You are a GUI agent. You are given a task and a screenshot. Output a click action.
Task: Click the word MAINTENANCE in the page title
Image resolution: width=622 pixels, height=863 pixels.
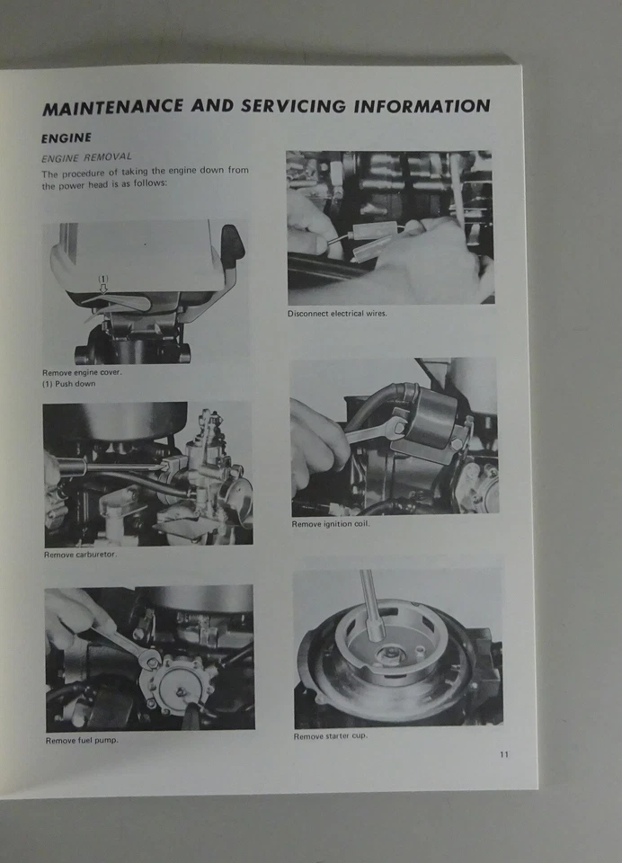pyautogui.click(x=111, y=108)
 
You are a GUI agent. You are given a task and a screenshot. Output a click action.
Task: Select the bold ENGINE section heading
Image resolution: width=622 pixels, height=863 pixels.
pyautogui.click(x=67, y=138)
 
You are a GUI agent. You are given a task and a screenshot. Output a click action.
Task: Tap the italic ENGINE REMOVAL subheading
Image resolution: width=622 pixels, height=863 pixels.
pyautogui.click(x=86, y=157)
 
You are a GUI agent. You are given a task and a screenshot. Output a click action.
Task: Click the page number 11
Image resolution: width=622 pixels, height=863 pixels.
pyautogui.click(x=504, y=754)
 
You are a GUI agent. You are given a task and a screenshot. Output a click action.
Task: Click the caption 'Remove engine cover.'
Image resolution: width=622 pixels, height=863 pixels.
pyautogui.click(x=81, y=372)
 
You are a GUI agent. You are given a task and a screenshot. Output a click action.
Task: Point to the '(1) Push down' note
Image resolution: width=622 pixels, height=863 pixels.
pyautogui.click(x=68, y=383)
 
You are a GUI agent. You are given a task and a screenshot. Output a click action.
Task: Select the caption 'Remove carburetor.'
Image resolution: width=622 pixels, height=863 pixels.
pyautogui.click(x=80, y=555)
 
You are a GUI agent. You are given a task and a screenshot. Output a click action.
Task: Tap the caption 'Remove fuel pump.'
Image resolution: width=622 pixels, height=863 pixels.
pyautogui.click(x=81, y=740)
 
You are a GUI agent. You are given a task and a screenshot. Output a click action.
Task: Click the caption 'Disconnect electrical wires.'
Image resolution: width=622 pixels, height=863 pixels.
pyautogui.click(x=337, y=314)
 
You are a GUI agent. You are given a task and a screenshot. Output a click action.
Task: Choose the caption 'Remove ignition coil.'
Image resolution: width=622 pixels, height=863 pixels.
pyautogui.click(x=330, y=524)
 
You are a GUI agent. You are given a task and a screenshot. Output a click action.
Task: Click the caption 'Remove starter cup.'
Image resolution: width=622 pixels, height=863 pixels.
pyautogui.click(x=330, y=736)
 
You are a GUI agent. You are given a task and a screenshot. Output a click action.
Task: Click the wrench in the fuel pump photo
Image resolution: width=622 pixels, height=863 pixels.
pyautogui.click(x=126, y=645)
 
